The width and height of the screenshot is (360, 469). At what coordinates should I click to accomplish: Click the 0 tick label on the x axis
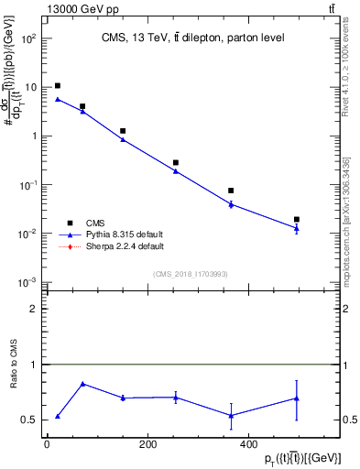(x=47, y=444)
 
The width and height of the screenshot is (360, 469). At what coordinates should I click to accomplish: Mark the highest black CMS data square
(x=58, y=85)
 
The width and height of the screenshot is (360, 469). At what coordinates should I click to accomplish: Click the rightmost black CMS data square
(x=297, y=219)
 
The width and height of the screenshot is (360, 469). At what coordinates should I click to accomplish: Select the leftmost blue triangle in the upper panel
(x=58, y=99)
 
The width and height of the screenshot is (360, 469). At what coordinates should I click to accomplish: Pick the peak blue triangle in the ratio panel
(x=83, y=384)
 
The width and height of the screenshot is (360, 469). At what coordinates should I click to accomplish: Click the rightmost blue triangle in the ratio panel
(x=297, y=398)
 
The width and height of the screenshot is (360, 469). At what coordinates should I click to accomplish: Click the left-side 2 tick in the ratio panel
(x=34, y=309)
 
